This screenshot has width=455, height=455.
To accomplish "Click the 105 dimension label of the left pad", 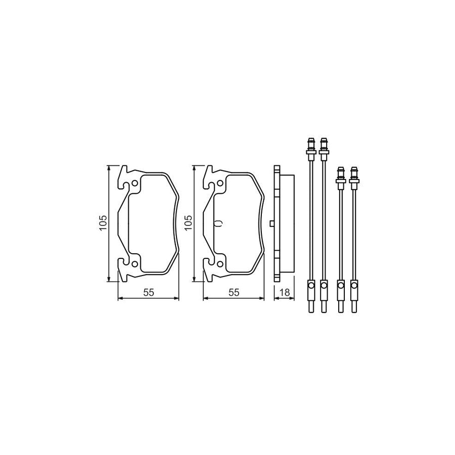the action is (x=103, y=223).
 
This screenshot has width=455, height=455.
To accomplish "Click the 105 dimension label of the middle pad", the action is (x=189, y=223).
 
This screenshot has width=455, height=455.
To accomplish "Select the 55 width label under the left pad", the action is (x=148, y=293).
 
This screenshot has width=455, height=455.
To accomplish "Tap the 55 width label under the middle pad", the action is (x=234, y=293).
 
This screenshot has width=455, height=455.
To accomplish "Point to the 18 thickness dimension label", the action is (x=285, y=293).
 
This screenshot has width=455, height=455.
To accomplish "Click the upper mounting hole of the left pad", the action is (x=134, y=184).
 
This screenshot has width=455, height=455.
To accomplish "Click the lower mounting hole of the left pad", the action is (x=134, y=263).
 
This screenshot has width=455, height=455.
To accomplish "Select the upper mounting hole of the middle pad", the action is (x=220, y=184).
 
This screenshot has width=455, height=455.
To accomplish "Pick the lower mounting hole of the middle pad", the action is (x=220, y=263).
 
